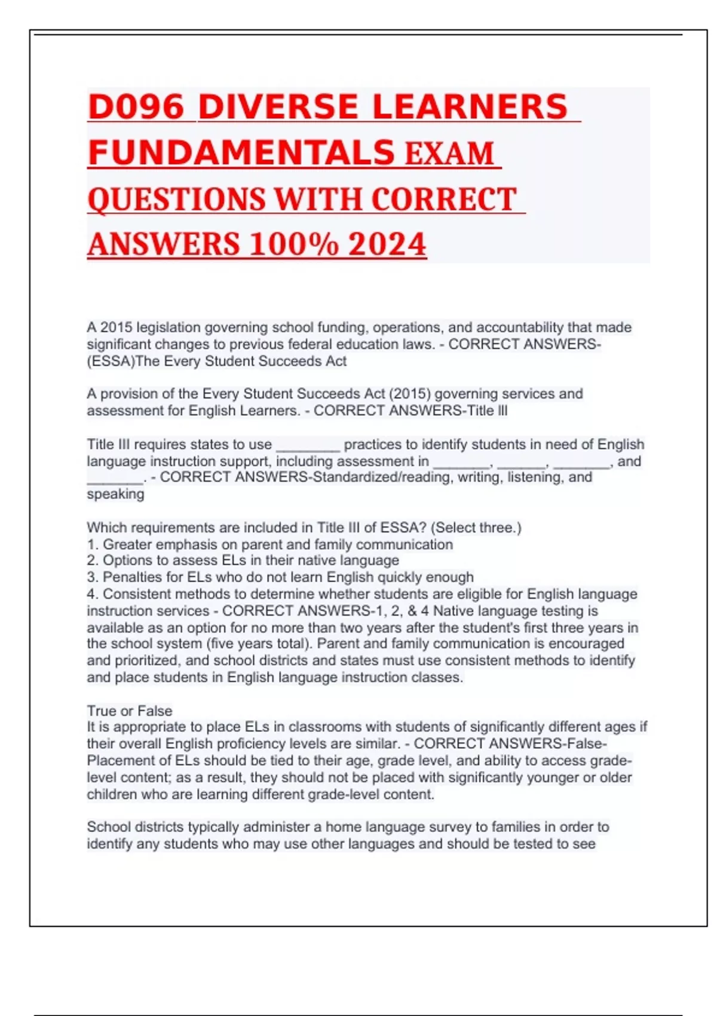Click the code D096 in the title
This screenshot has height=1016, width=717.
click(x=136, y=108)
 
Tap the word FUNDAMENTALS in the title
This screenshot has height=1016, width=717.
click(x=241, y=153)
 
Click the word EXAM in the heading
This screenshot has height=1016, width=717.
click(x=449, y=153)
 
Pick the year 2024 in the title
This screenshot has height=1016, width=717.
click(x=387, y=244)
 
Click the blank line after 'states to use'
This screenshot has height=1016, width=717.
click(x=308, y=445)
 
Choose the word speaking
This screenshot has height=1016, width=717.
click(x=115, y=494)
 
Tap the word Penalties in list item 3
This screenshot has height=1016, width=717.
click(x=131, y=577)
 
